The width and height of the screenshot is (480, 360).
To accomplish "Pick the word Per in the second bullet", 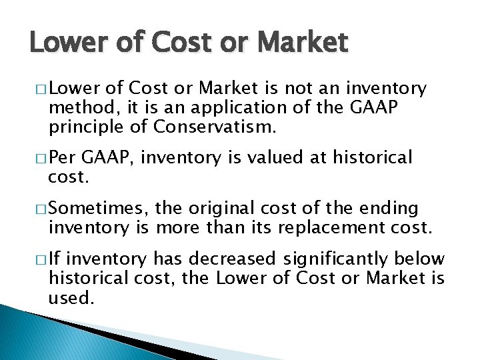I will [x=63, y=158].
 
